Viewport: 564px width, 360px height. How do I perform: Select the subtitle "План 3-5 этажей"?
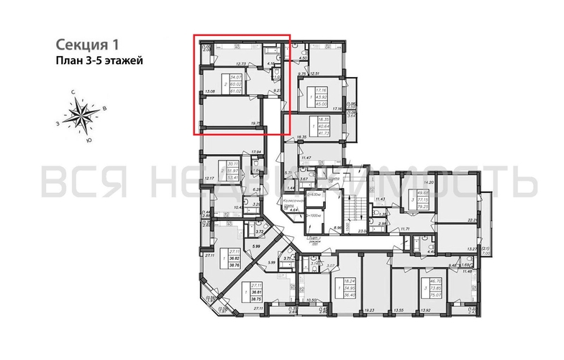click(99, 60)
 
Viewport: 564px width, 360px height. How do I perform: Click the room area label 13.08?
click(209, 92)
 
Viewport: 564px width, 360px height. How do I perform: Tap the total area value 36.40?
click(351, 294)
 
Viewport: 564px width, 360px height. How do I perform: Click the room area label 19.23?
click(370, 312)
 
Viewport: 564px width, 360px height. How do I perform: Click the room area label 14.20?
click(432, 183)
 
